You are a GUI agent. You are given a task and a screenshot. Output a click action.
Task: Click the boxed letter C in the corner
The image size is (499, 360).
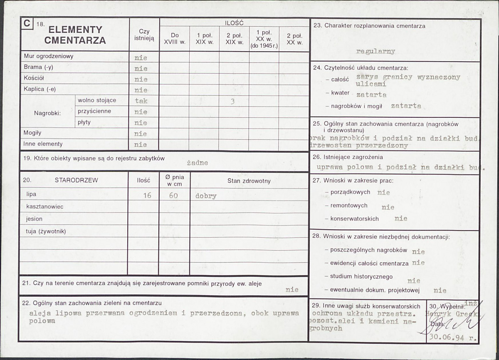coord(27,24)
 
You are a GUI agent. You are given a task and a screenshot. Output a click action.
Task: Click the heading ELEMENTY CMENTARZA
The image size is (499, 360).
coord(75,35)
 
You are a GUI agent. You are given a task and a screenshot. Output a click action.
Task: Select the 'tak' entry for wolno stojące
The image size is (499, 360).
coord(141,101)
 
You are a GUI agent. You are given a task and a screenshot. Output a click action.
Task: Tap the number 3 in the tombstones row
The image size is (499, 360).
coord(232,100)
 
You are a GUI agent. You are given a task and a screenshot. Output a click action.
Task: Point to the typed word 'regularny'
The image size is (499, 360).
coord(375,51)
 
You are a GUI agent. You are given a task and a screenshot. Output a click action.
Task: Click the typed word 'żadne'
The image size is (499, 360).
coord(197,163)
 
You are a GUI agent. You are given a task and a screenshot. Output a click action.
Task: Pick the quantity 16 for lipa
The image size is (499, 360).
coord(147,195)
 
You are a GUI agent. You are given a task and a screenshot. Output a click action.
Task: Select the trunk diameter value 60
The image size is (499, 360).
coord(173,195)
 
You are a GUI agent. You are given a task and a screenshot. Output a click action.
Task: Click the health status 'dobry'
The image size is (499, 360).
coord(206,196)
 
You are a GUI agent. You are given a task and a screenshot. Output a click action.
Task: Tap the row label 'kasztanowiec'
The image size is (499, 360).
coord(45,206)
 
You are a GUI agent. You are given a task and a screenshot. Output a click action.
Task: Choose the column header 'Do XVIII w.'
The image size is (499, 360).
coord(174,39)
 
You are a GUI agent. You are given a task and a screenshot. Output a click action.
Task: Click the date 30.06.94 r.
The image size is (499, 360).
coord(453,338)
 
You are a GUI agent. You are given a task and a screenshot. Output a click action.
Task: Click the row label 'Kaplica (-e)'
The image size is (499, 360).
coord(40,89)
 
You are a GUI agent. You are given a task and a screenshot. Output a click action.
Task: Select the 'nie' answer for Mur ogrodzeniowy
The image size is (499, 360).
coord(141,58)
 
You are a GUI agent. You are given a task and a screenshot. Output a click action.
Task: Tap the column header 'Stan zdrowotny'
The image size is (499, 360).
coord(249,181)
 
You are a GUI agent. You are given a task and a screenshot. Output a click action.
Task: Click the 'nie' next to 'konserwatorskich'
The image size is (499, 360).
coord(401,218)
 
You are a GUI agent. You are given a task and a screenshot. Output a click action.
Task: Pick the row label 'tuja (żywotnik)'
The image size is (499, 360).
coord(46,231)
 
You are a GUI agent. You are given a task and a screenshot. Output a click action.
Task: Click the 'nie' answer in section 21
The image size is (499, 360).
coord(292,290)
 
